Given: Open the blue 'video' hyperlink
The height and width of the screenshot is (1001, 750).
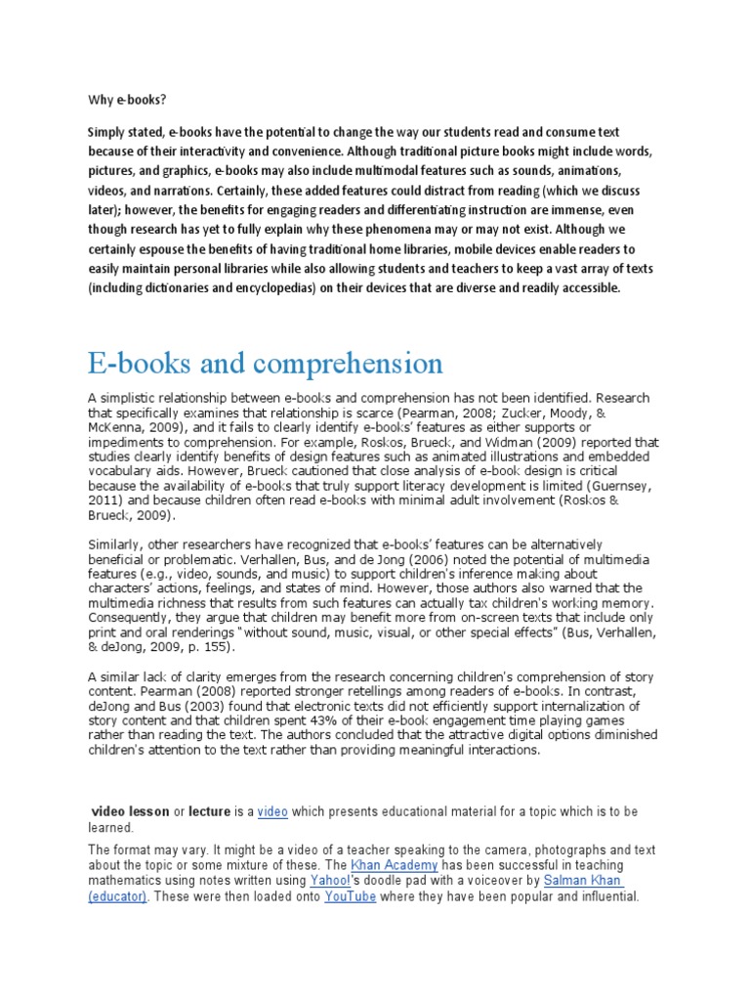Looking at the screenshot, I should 272,811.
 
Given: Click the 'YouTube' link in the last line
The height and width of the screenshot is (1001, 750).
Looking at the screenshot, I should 350,896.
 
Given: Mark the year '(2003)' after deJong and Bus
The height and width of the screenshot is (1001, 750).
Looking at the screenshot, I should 180,705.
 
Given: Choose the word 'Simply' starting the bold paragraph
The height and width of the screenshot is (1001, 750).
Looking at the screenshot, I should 106,131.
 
